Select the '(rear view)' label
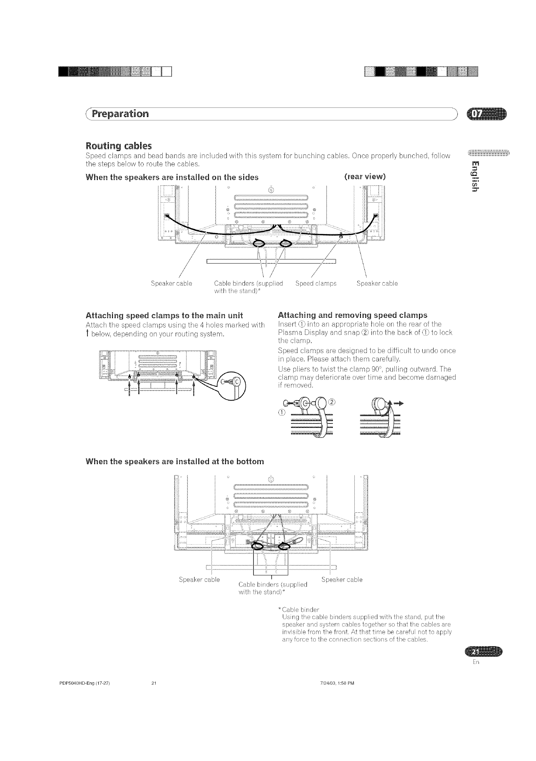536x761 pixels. (x=365, y=177)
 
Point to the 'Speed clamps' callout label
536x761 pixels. (x=316, y=283)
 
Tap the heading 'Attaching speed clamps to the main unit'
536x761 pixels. (x=164, y=315)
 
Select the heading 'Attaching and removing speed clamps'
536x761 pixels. (x=352, y=315)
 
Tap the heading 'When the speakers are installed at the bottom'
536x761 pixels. (x=175, y=462)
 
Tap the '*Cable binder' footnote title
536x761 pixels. (x=298, y=609)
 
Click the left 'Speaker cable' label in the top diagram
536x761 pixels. (x=171, y=283)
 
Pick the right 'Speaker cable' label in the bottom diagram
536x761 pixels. (x=342, y=579)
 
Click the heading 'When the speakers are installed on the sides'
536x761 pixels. (x=172, y=177)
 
